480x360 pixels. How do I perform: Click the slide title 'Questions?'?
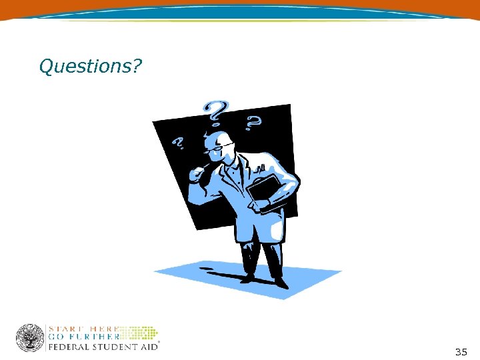click(x=90, y=66)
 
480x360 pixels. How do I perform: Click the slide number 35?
click(x=461, y=351)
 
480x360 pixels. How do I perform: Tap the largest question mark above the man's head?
click(x=215, y=113)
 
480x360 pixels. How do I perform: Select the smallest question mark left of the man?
click(x=179, y=143)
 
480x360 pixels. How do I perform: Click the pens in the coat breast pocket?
click(x=262, y=167)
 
